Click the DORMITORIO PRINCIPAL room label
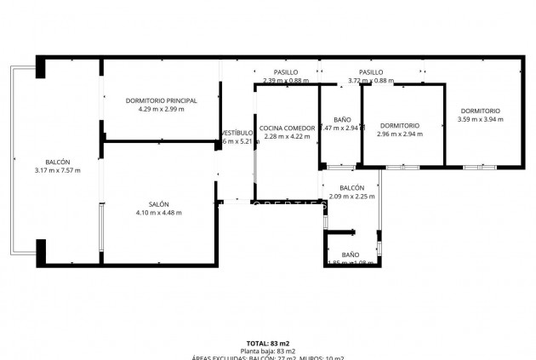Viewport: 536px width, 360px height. click(161, 100)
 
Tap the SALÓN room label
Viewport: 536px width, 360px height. click(158, 204)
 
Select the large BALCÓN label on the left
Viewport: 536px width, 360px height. click(58, 162)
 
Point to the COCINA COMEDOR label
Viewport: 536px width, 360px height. click(287, 128)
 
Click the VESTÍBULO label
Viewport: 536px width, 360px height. click(237, 133)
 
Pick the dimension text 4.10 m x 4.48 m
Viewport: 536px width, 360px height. click(158, 213)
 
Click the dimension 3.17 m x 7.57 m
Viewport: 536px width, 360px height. click(58, 170)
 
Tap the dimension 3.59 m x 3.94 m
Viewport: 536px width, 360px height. click(481, 119)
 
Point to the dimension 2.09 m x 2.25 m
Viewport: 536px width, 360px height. click(352, 197)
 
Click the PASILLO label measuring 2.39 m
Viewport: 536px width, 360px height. click(286, 72)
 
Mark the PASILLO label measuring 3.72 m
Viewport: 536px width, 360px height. click(371, 72)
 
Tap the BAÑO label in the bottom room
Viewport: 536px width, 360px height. click(351, 254)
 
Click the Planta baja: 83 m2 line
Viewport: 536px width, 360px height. click(268, 351)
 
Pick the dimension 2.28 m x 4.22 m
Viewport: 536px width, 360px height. click(287, 136)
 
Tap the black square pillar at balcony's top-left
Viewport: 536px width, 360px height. click(40, 67)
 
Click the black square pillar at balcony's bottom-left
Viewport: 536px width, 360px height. click(40, 249)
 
